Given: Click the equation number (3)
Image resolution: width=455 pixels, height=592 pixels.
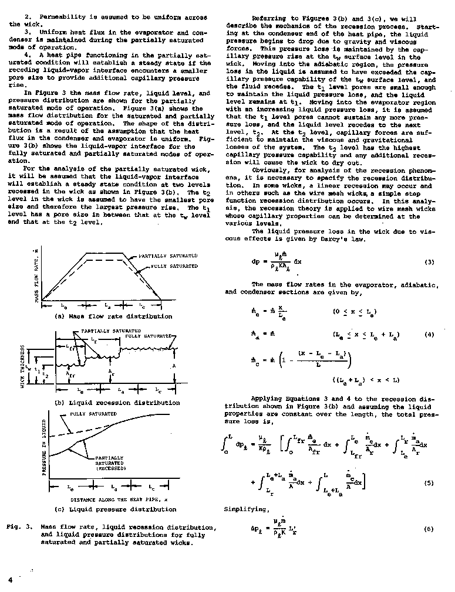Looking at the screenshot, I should pyautogui.click(x=429, y=262).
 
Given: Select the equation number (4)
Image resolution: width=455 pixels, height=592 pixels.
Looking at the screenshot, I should pyautogui.click(x=429, y=335).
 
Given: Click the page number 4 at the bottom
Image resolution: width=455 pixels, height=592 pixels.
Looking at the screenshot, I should pyautogui.click(x=11, y=579).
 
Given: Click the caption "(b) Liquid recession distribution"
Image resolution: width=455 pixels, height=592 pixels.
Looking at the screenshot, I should pyautogui.click(x=117, y=403).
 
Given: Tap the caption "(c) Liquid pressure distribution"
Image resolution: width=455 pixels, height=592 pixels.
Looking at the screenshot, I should pyautogui.click(x=115, y=509).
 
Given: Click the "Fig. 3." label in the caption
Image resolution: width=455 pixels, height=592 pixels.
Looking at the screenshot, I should pyautogui.click(x=19, y=526).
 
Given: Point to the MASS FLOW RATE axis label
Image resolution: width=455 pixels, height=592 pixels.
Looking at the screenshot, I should pyautogui.click(x=37, y=278).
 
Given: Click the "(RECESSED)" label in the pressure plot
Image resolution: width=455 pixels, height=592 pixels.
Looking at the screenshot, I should pyautogui.click(x=108, y=468).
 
